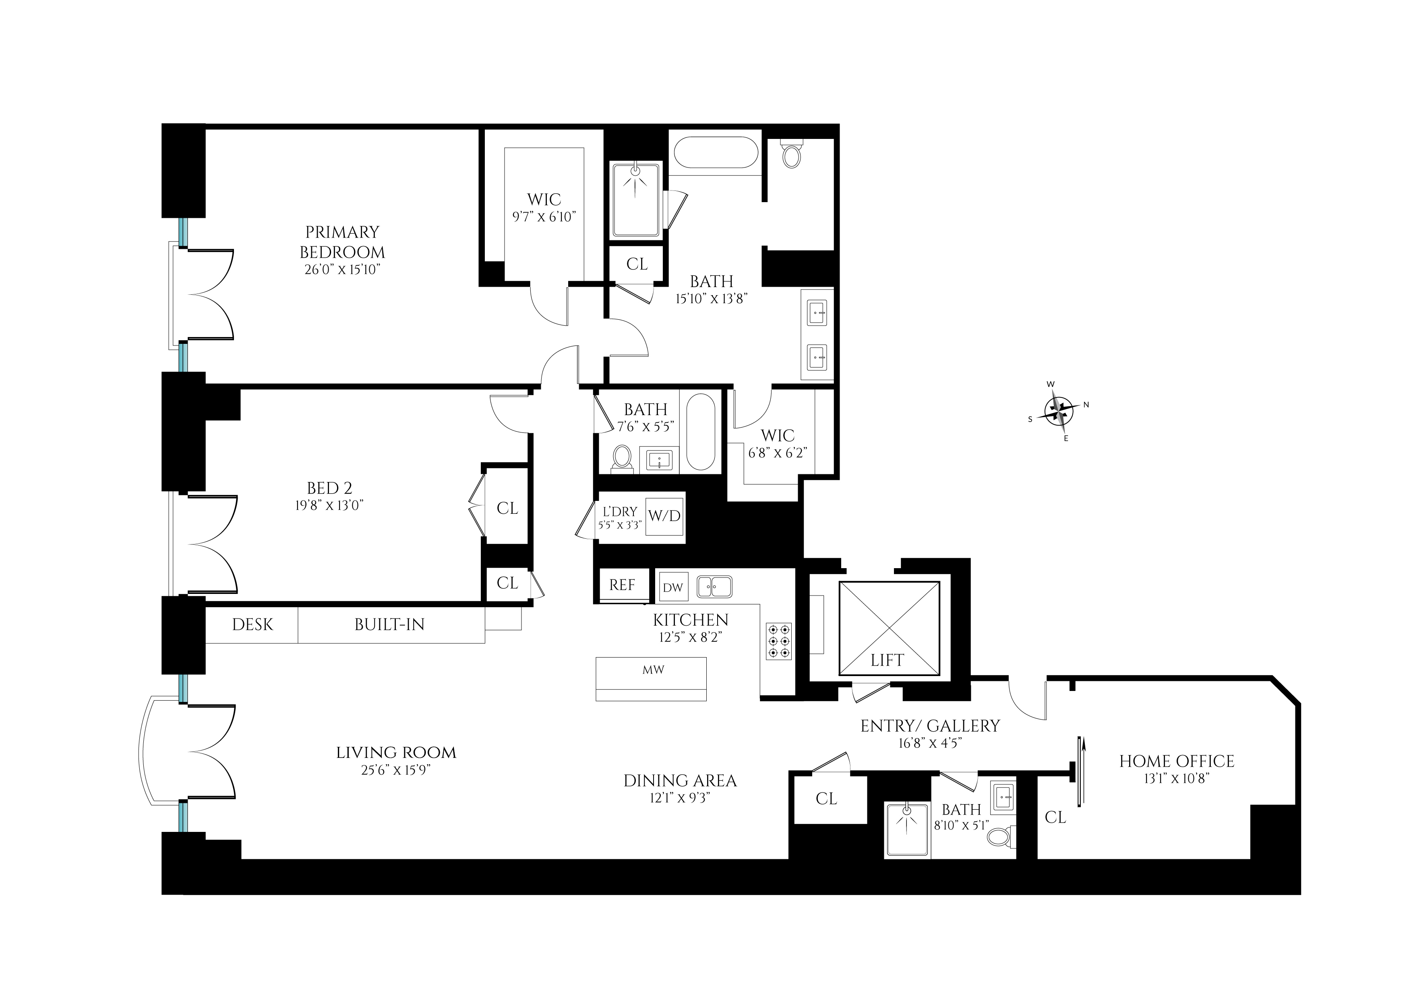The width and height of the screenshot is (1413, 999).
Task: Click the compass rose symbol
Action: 1058,411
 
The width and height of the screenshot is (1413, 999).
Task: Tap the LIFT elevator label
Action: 886,660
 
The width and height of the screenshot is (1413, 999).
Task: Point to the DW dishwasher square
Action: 672,587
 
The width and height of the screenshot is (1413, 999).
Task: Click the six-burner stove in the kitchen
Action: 778,641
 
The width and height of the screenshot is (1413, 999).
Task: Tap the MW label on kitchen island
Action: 653,670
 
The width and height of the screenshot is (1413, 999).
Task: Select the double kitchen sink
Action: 714,587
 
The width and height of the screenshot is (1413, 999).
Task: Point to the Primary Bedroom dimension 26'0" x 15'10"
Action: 342,270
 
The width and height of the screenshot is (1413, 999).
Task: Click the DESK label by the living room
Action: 252,625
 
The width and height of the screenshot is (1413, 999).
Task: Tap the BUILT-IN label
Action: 389,625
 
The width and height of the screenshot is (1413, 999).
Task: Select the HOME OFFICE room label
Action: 1176,761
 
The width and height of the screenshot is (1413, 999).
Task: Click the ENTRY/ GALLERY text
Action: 929,726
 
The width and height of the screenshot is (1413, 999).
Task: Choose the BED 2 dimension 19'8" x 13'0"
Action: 329,505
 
